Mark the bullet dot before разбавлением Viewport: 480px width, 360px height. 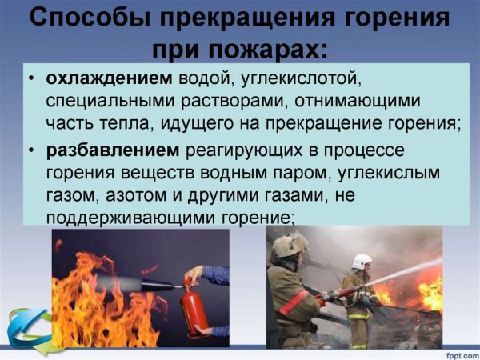(30, 150)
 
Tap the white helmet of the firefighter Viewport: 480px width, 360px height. (362, 262)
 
